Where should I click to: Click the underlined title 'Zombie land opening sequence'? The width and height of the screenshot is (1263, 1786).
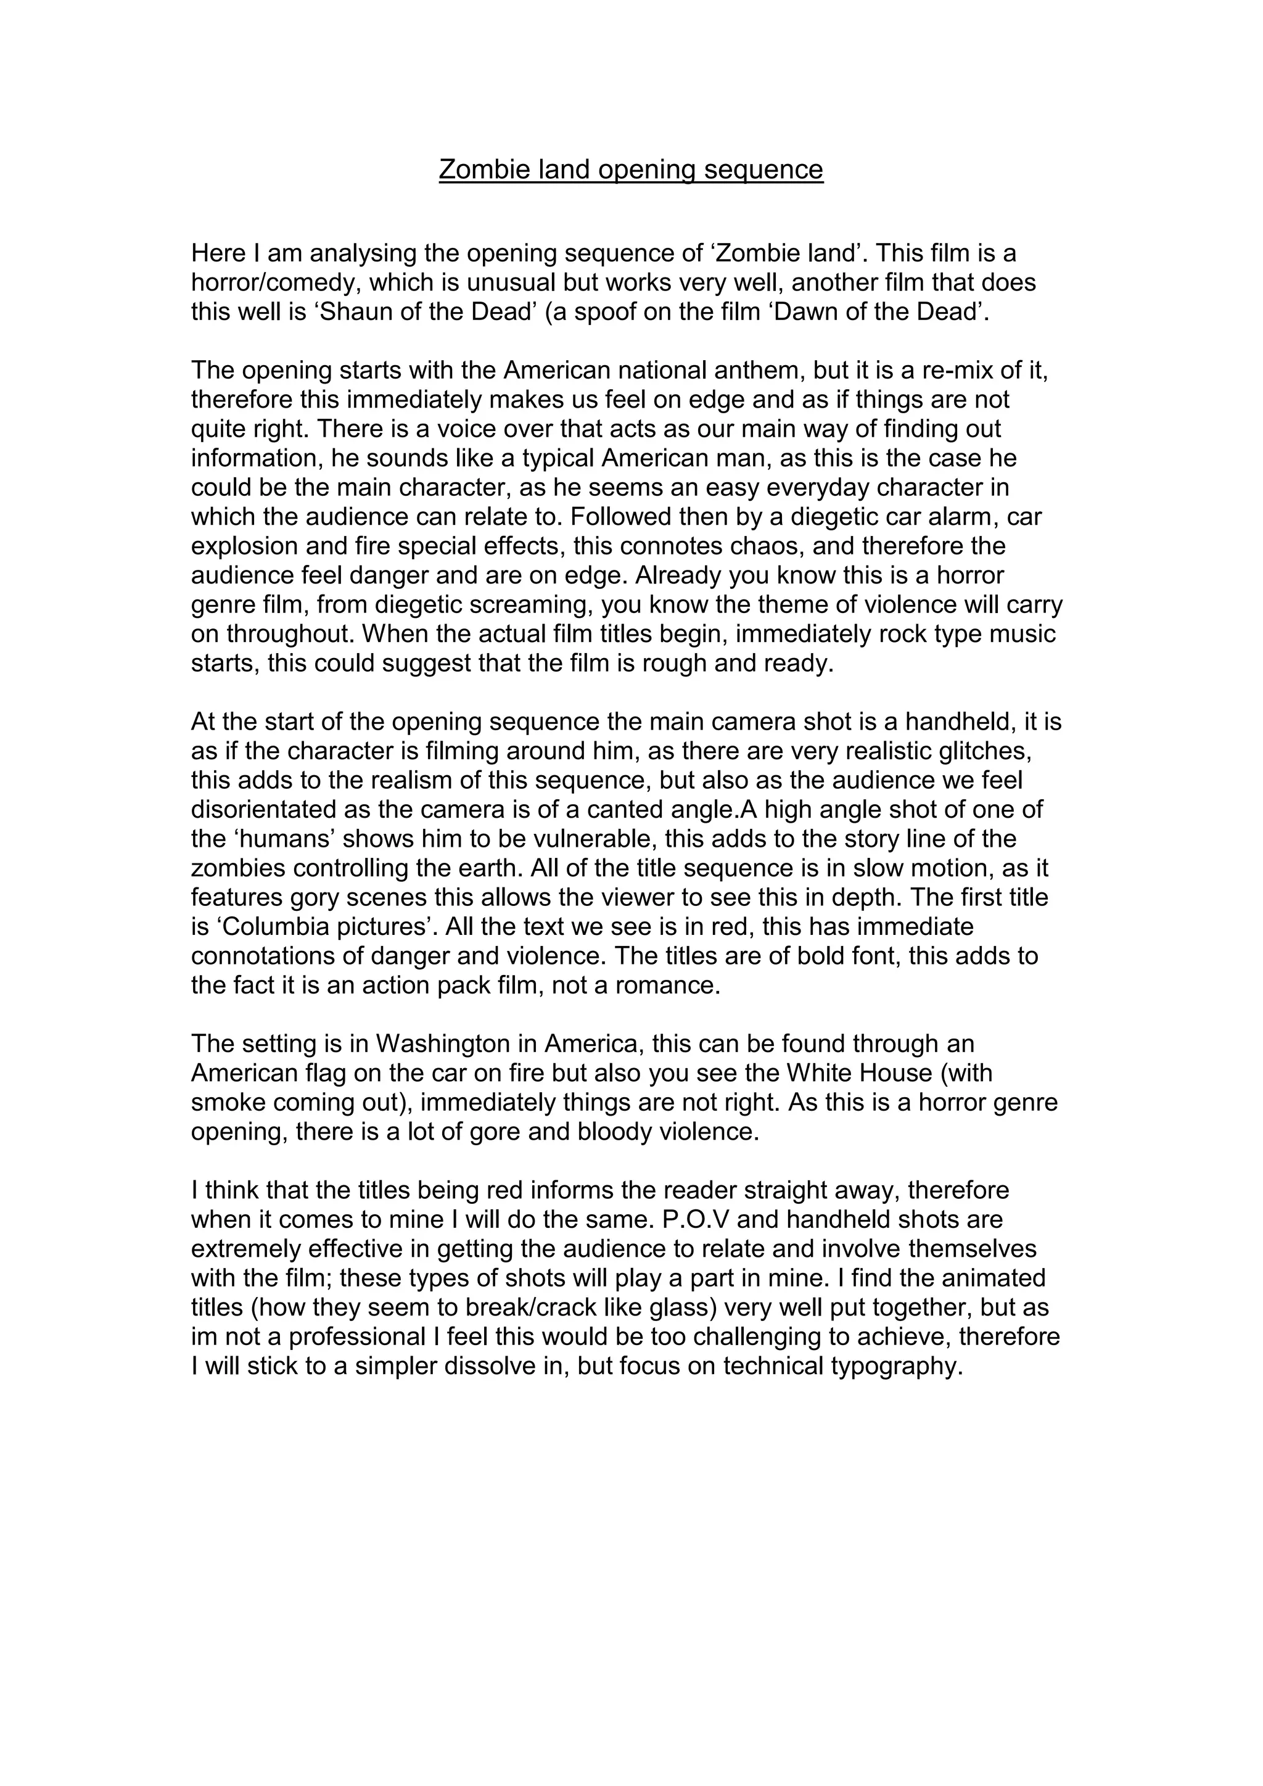click(631, 169)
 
